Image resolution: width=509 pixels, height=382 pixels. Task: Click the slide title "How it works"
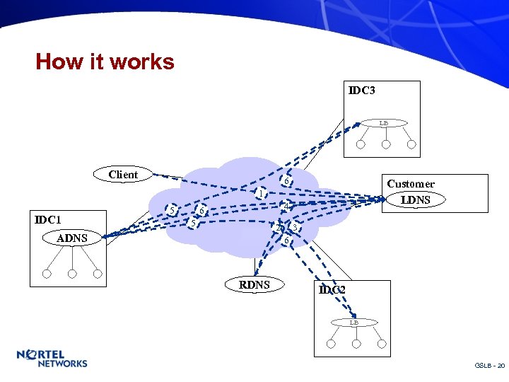(x=105, y=62)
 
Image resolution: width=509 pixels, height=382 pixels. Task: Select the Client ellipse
(x=123, y=175)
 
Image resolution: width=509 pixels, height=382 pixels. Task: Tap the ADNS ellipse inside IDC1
(x=72, y=238)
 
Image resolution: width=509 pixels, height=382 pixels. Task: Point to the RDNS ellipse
(x=255, y=284)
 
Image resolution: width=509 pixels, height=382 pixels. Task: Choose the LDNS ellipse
(x=416, y=200)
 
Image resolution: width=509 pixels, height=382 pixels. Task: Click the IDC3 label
(x=362, y=91)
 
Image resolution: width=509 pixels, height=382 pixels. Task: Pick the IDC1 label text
(x=48, y=220)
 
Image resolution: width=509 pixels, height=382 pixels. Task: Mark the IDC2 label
(x=332, y=290)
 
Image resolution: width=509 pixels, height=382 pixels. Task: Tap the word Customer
(x=411, y=184)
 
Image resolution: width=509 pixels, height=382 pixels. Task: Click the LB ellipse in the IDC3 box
(x=383, y=123)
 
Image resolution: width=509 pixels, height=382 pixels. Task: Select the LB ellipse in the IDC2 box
(x=354, y=323)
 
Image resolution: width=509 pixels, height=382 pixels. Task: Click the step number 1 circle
(x=261, y=193)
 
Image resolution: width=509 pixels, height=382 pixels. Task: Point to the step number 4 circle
(x=284, y=206)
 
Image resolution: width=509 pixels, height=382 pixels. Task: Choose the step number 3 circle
(x=296, y=228)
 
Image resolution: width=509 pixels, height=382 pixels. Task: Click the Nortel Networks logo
(x=52, y=358)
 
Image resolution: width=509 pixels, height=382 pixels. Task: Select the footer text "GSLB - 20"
(x=489, y=366)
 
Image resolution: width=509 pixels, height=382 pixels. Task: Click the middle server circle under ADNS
(x=72, y=274)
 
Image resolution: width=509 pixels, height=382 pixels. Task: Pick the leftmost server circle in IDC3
(x=361, y=144)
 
